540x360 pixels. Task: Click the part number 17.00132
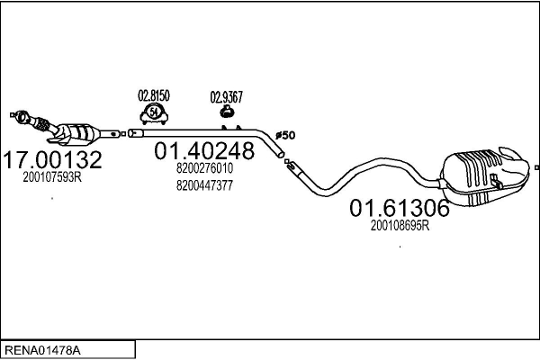(x=53, y=159)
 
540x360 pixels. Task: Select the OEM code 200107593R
(x=52, y=177)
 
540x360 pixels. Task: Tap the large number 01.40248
(x=204, y=150)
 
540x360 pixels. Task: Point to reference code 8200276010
(x=204, y=168)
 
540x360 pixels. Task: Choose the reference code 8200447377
(x=204, y=185)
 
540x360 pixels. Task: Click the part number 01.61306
(x=400, y=208)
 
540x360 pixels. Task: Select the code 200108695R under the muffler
(x=400, y=226)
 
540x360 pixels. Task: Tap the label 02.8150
(x=154, y=95)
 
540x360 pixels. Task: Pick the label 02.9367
(x=226, y=97)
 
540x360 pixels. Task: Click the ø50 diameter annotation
(x=285, y=135)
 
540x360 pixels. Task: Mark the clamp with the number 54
(x=154, y=113)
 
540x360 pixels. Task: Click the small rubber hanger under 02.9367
(x=227, y=112)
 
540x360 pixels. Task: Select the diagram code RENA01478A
(x=42, y=350)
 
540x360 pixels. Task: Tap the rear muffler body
(x=486, y=177)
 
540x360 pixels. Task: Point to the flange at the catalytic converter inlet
(x=22, y=117)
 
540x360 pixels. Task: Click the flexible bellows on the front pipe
(x=41, y=124)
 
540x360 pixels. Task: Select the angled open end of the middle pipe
(x=281, y=154)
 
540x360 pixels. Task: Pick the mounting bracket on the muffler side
(x=496, y=182)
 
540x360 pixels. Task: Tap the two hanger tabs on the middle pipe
(x=231, y=128)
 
